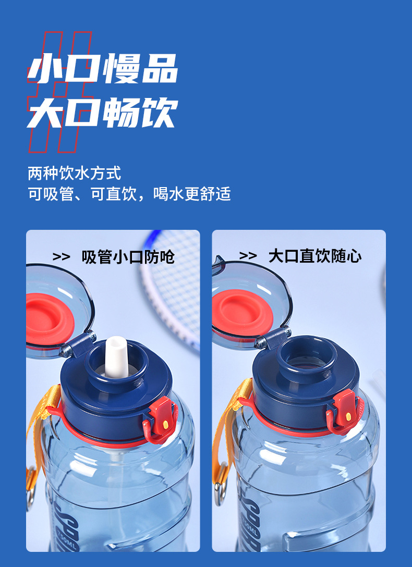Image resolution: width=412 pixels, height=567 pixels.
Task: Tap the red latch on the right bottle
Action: point(344,409)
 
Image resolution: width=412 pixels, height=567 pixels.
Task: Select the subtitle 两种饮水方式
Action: point(75,172)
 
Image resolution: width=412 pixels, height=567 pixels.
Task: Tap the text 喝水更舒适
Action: point(192,194)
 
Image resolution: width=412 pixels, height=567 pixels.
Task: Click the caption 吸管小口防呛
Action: point(128,256)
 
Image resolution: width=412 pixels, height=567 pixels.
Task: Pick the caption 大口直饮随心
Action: point(314,256)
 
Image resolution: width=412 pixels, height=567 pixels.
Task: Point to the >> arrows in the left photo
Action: point(62,256)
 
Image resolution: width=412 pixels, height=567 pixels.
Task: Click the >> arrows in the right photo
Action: point(248,256)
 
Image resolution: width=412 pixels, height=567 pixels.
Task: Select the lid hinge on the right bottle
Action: point(271,337)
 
